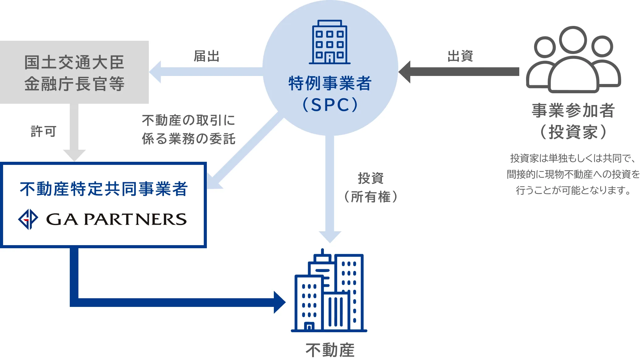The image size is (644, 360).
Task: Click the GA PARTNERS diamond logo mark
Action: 28,219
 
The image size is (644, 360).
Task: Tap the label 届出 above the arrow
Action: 206,57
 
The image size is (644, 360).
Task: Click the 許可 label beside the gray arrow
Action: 44,131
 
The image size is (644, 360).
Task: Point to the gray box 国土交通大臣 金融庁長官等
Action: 74,72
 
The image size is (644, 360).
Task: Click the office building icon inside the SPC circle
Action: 329,42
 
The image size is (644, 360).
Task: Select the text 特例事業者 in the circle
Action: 330,83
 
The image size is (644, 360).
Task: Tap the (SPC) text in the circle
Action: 330,105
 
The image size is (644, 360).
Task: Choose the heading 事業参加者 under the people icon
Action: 573,111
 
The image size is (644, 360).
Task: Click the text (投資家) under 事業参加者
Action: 573,132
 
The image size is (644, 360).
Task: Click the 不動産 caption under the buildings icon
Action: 330,350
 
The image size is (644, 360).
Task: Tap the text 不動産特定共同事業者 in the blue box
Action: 104,189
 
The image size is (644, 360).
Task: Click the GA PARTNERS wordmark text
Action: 116,219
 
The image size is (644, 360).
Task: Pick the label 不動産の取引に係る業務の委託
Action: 188,129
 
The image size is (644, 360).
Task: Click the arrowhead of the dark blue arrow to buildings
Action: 280,302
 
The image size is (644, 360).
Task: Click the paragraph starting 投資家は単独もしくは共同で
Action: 573,174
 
